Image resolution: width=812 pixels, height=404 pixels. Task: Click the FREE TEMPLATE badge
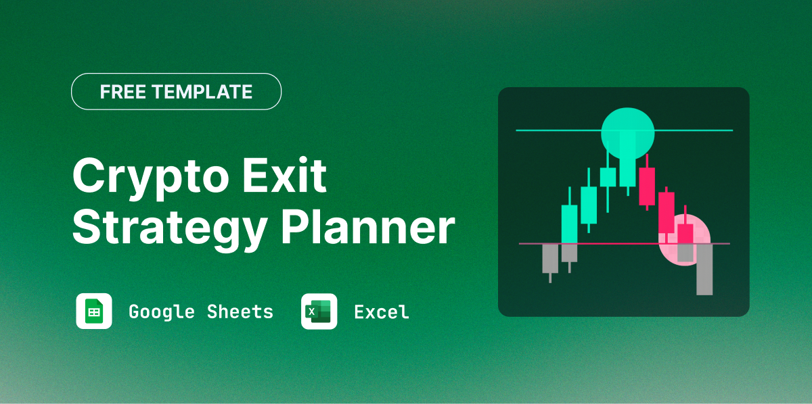point(176,91)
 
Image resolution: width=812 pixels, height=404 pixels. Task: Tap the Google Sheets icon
point(94,311)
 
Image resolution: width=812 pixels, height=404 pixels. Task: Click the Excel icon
point(319,311)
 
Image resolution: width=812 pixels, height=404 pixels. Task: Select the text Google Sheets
point(201,311)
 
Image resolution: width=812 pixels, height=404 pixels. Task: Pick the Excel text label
point(382,311)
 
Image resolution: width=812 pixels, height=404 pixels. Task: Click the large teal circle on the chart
point(628,132)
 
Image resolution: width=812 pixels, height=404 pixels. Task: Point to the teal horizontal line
point(541,130)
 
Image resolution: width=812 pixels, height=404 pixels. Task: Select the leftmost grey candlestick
point(550,258)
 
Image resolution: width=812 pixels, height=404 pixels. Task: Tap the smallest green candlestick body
point(608,177)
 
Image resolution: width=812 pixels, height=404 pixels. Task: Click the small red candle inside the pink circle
point(685,234)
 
